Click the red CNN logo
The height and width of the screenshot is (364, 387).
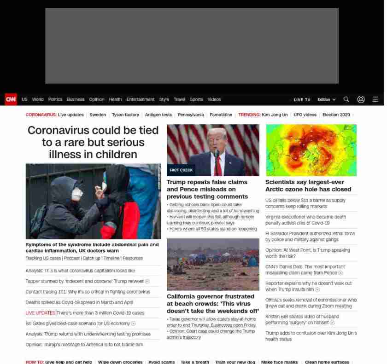[x=11, y=99]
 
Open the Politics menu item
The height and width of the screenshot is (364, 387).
[x=55, y=99]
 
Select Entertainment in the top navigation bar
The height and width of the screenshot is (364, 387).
[x=141, y=99]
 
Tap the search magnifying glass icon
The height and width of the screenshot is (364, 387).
[x=346, y=99]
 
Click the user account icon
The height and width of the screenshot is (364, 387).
[x=361, y=99]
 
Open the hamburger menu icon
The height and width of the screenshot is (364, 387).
[x=375, y=99]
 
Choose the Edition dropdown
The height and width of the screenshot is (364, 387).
[x=326, y=99]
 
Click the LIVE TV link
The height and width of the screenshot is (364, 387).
[x=302, y=100]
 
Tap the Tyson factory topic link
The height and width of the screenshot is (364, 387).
[x=125, y=115]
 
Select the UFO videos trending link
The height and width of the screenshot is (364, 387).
[x=305, y=115]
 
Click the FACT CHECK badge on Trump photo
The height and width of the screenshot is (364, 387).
[x=181, y=170]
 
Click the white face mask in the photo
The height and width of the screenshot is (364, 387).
[x=77, y=194]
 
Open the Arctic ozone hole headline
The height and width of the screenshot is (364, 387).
[x=308, y=185]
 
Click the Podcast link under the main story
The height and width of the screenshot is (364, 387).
[x=72, y=258]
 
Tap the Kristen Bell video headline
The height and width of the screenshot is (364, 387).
[x=302, y=319]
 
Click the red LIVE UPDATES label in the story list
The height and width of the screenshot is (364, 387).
[x=40, y=313]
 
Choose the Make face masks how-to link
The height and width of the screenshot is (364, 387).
[x=279, y=362]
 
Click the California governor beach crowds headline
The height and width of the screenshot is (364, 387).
[x=212, y=304]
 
